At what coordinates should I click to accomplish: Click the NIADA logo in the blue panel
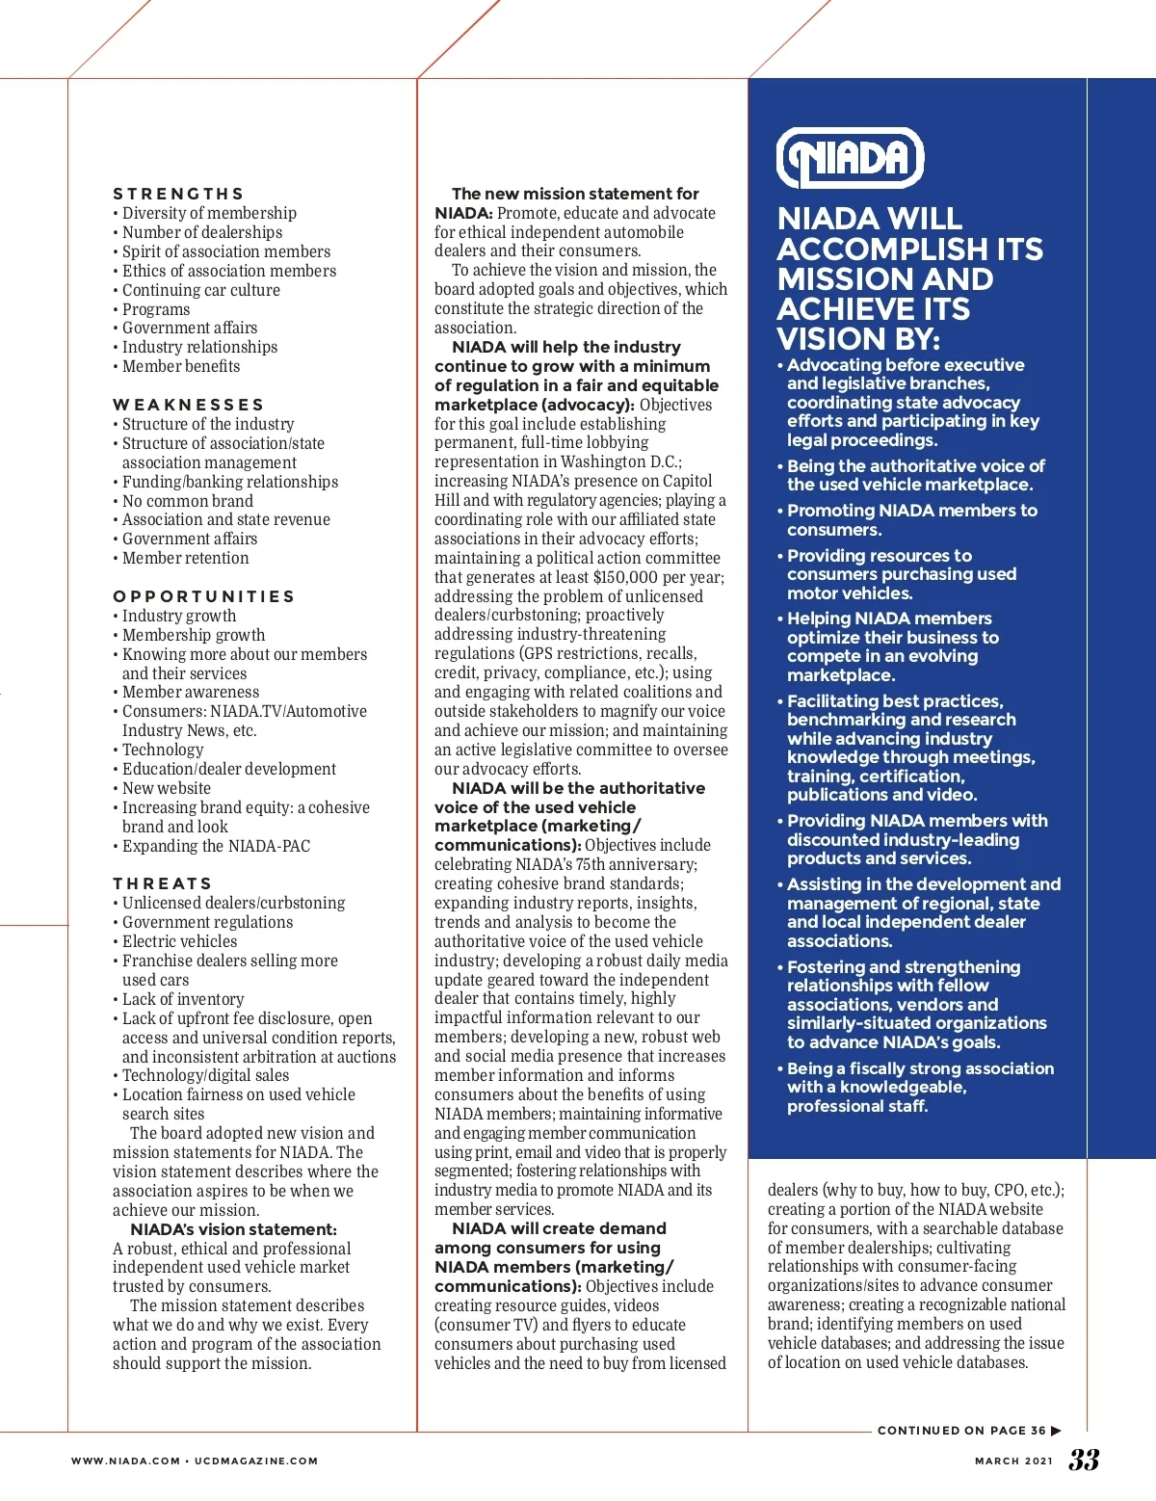point(850,158)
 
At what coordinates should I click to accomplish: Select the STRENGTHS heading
point(178,194)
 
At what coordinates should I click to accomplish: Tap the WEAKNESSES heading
point(188,405)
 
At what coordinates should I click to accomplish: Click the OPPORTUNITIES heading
point(203,596)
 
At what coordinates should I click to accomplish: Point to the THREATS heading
point(162,883)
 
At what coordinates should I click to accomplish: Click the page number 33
point(1084,1460)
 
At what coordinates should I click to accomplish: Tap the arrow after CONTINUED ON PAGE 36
point(1057,1431)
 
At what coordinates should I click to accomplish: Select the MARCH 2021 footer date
point(1013,1461)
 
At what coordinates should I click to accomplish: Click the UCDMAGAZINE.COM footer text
point(255,1461)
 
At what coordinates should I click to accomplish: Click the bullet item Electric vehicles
point(179,941)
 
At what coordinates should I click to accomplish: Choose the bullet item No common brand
point(187,501)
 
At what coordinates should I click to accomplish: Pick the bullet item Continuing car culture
point(200,290)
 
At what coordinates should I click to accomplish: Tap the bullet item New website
point(166,788)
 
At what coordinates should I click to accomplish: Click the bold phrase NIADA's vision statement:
point(233,1229)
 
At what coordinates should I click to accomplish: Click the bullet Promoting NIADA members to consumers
point(910,519)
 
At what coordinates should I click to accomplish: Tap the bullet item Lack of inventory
point(182,999)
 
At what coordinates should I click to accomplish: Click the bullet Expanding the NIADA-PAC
point(216,846)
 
